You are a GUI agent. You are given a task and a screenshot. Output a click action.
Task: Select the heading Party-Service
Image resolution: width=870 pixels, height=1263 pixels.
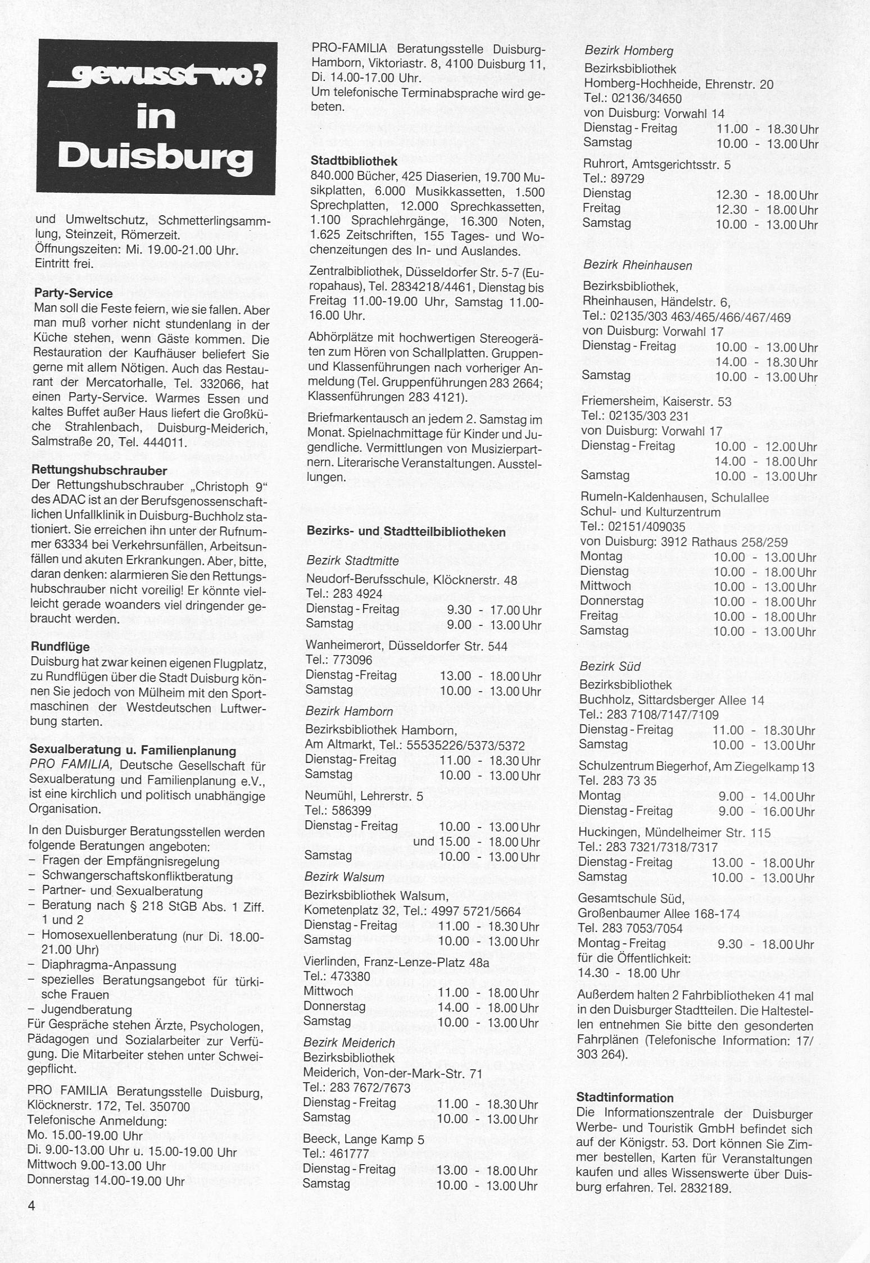pyautogui.click(x=73, y=293)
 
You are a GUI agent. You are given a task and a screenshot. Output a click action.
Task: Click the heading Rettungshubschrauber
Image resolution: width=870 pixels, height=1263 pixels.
pyautogui.click(x=99, y=470)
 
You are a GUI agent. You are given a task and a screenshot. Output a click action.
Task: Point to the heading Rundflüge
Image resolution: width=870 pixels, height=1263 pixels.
pyautogui.click(x=60, y=647)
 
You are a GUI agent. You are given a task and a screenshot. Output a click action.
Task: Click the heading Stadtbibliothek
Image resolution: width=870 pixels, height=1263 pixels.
pyautogui.click(x=354, y=161)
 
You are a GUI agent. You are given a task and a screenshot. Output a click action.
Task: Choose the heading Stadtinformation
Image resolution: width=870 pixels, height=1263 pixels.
pyautogui.click(x=624, y=1097)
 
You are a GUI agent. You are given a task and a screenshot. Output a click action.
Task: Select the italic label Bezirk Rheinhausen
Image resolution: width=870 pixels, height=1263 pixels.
pyautogui.click(x=637, y=265)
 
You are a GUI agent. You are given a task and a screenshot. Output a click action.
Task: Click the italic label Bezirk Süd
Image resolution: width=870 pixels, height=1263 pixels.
pyautogui.click(x=610, y=666)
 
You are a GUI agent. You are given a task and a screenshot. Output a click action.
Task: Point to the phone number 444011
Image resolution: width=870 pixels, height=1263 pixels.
pyautogui.click(x=162, y=442)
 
